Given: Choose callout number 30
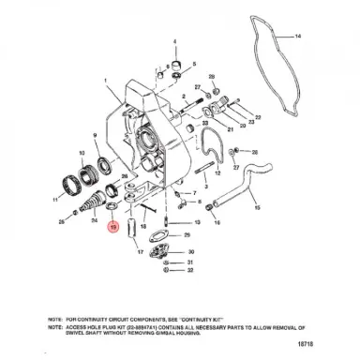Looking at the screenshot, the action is [191, 251].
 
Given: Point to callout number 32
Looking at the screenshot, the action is [191, 271].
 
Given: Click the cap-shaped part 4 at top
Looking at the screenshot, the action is [175, 63].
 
